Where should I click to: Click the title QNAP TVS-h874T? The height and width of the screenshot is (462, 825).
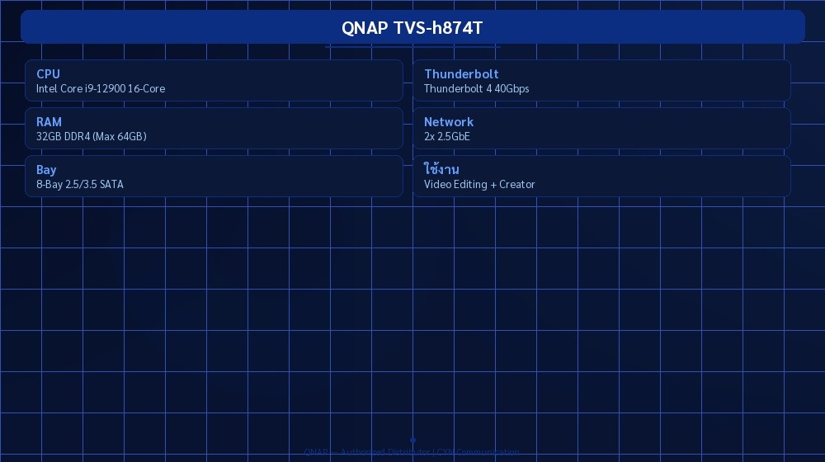[412, 27]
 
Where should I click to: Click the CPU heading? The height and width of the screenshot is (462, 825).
[48, 74]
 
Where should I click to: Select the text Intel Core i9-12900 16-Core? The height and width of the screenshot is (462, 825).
[101, 89]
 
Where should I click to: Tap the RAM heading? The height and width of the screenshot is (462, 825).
[49, 122]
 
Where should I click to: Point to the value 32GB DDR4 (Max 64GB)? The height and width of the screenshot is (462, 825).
[91, 137]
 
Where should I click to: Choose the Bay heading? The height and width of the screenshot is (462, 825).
[46, 170]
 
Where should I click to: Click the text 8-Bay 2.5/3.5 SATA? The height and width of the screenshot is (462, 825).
[79, 185]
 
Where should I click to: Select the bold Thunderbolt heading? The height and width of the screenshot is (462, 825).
[461, 74]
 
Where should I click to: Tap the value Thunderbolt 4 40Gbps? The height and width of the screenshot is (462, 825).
[476, 89]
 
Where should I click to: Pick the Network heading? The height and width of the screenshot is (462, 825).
[449, 122]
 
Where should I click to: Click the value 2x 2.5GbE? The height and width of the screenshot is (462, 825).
[446, 137]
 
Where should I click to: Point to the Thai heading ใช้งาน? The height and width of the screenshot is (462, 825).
[441, 170]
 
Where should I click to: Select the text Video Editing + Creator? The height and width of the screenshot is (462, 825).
[479, 185]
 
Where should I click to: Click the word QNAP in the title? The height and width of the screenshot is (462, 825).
[364, 27]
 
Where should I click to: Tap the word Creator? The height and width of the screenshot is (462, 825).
[517, 185]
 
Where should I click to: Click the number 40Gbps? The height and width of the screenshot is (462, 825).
[511, 89]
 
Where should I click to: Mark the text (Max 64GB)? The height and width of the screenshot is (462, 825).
[119, 137]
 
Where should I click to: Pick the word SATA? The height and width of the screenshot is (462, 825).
[111, 185]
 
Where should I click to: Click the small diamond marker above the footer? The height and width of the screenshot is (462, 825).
[412, 441]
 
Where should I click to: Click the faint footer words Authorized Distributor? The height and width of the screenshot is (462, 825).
[384, 452]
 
